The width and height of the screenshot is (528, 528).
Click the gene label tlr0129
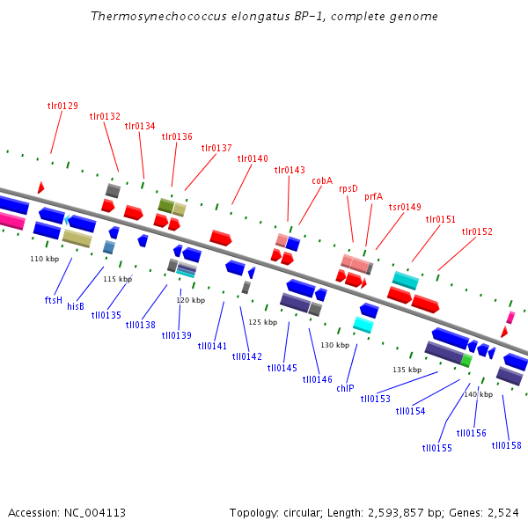point(62,106)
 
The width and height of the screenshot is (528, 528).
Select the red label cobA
point(322,180)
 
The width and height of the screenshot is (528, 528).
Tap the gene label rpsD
point(348,188)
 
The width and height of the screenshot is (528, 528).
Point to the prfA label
point(374,197)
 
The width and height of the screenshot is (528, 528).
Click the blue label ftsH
point(54,300)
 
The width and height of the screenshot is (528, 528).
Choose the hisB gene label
point(76,306)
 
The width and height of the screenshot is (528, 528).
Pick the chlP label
point(345,388)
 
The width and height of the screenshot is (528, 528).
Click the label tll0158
point(506,445)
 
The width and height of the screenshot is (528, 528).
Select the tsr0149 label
point(406,208)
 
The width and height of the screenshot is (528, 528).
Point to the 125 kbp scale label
point(262,322)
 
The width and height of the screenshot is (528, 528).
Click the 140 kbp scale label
point(478,394)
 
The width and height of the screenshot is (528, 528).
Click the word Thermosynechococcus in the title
point(151,17)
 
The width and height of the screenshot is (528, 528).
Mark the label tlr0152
point(477,232)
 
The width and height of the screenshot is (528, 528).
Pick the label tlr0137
point(216,148)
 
